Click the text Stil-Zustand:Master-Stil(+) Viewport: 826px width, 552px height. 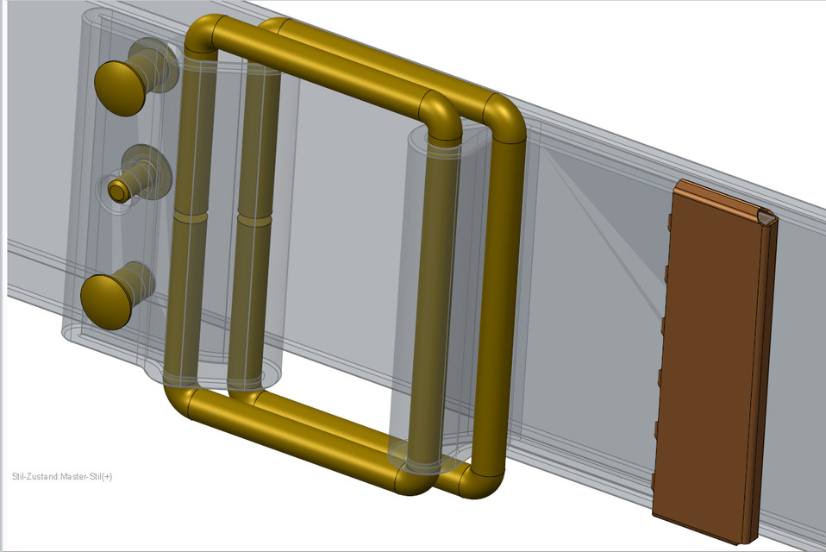(62, 476)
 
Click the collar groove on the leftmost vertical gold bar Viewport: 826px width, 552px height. (190, 216)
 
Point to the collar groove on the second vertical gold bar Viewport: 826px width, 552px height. (253, 221)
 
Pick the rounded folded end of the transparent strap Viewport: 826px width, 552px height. (73, 328)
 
